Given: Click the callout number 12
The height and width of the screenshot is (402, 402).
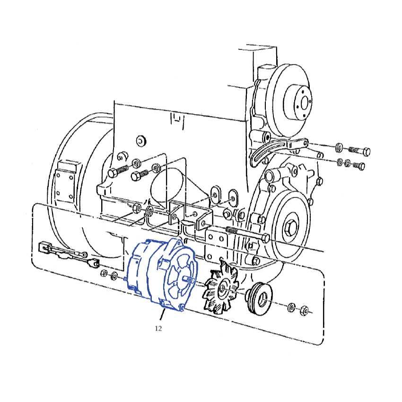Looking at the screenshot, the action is pos(158,328).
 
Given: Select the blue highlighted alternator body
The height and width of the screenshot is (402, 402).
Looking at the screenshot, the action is pos(162,274).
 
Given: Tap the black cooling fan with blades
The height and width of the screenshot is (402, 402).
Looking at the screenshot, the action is pos(220,288).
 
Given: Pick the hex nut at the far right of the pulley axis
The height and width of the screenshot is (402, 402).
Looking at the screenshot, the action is pos(304,310).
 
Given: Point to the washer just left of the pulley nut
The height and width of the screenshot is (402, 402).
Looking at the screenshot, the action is pos(291,307).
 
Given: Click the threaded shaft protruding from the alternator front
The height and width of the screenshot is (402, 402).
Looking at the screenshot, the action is pos(189,280).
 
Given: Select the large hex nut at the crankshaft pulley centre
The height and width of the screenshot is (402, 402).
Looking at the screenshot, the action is pos(290,227).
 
